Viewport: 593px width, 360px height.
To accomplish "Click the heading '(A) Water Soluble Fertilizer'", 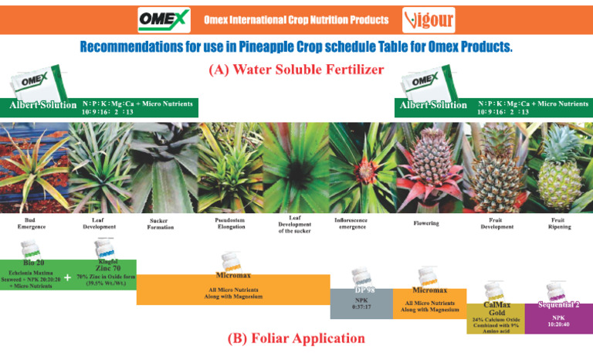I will point(296,70).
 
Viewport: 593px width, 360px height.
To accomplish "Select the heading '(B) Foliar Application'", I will point(296,338).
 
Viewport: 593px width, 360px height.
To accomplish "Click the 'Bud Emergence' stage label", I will point(32,224).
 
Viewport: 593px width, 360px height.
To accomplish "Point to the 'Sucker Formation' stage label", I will point(161,224).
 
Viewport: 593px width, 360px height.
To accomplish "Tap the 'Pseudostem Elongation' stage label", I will point(230,224).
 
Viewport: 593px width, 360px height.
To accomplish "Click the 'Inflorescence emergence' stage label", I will point(351,223).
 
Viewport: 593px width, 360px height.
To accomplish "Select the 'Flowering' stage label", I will point(425,223).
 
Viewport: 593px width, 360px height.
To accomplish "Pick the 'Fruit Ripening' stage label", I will point(560,224).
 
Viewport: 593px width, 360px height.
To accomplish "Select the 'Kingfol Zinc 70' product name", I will point(109,266).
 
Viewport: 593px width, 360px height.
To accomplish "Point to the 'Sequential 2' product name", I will point(559,305).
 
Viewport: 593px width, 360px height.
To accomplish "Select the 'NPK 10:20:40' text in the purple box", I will point(559,321).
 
